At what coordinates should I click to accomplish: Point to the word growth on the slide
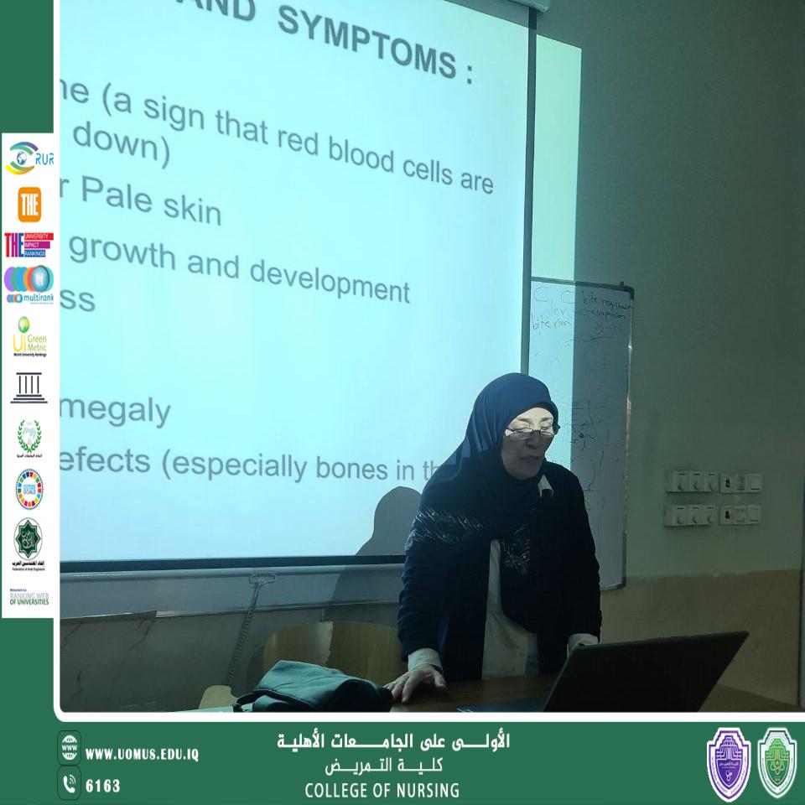123,252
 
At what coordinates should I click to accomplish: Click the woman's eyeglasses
531,431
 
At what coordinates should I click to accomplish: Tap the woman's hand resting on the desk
416,681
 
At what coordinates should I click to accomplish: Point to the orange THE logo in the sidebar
29,204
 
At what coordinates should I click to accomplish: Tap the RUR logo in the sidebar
29,157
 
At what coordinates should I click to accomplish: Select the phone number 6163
103,786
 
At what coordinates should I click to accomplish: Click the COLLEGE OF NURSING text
382,790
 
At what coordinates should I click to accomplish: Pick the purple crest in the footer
729,762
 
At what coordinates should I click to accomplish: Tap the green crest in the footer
776,762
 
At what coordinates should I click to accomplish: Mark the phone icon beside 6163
69,784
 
